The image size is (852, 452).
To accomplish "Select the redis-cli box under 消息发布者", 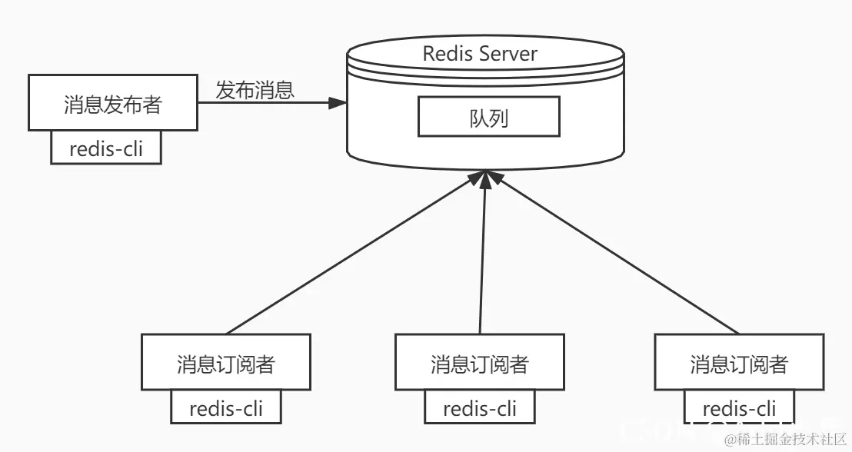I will [106, 148].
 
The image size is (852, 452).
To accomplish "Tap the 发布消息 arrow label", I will [255, 90].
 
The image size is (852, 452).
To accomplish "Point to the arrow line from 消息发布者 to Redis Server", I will [261, 103].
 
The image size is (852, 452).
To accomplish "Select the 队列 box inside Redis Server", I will [488, 118].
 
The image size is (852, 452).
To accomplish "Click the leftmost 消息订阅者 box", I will [225, 363].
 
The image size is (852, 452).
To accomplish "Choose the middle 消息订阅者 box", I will [480, 363].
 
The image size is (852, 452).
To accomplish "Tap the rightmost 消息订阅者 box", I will [738, 363].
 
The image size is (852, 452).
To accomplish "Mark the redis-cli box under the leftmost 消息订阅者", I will [225, 407].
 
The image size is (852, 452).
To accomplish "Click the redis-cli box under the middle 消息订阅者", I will [480, 407].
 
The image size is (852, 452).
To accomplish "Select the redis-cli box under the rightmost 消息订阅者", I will [739, 407].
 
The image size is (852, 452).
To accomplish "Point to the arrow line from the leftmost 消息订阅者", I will [354, 253].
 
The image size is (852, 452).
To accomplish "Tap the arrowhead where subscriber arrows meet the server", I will [484, 178].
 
